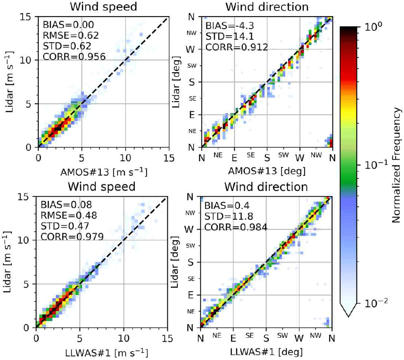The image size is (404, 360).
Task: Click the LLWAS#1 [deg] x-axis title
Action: [x=266, y=350]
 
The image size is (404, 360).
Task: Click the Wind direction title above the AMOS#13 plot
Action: [x=267, y=7]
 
